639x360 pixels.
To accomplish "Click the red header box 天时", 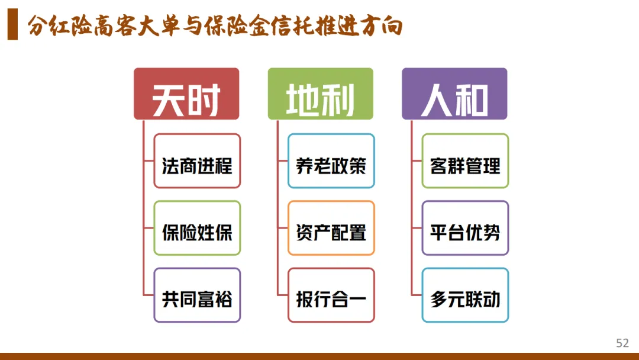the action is [x=186, y=94].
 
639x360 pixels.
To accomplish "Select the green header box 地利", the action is [x=320, y=94].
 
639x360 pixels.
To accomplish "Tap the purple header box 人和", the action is [x=454, y=94].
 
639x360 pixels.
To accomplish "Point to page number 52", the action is [x=622, y=343].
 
